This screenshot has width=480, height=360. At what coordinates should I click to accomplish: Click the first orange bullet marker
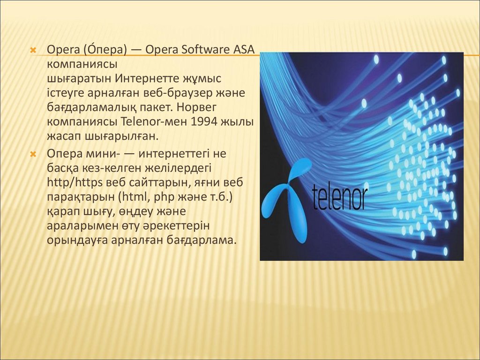pyautogui.click(x=33, y=50)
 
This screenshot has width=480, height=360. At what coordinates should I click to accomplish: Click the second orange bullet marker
pyautogui.click(x=33, y=154)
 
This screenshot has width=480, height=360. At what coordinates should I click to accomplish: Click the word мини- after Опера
pyautogui.click(x=103, y=154)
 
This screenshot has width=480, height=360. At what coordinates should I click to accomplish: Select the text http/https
pyautogui.click(x=75, y=182)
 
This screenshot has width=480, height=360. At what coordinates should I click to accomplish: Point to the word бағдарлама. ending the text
pyautogui.click(x=202, y=240)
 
